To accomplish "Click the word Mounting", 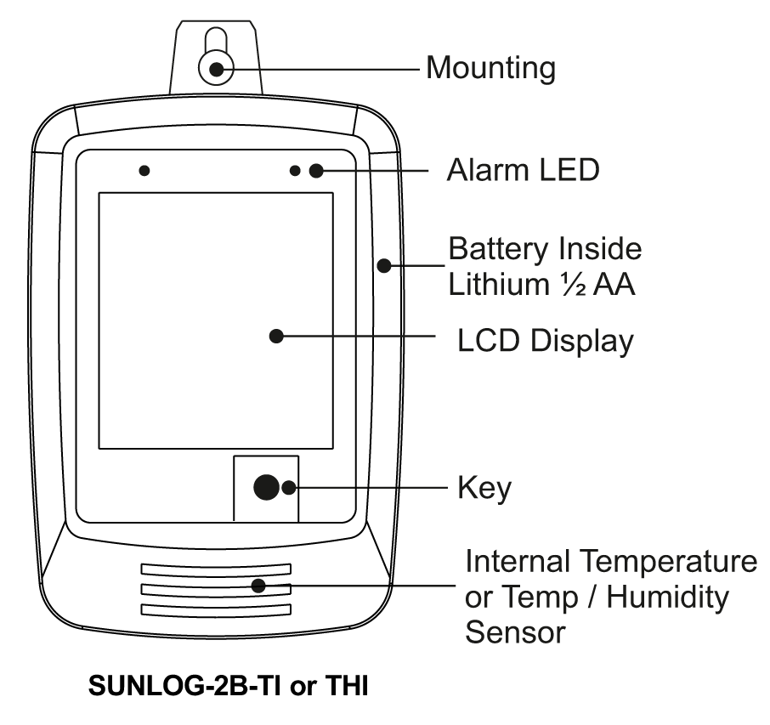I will pos(490,67).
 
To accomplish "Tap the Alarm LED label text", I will pos(523,170).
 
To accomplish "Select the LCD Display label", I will pos(545,340).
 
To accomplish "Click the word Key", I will pos(484,488).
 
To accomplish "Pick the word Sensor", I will pos(514,632).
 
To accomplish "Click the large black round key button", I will pos(266,487).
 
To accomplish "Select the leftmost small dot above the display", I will pos(144,170).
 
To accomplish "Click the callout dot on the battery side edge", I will pos(383,266).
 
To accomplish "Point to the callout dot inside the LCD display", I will pos(275,336).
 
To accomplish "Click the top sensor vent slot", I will pos(216,568).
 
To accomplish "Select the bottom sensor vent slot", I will pos(216,609).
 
